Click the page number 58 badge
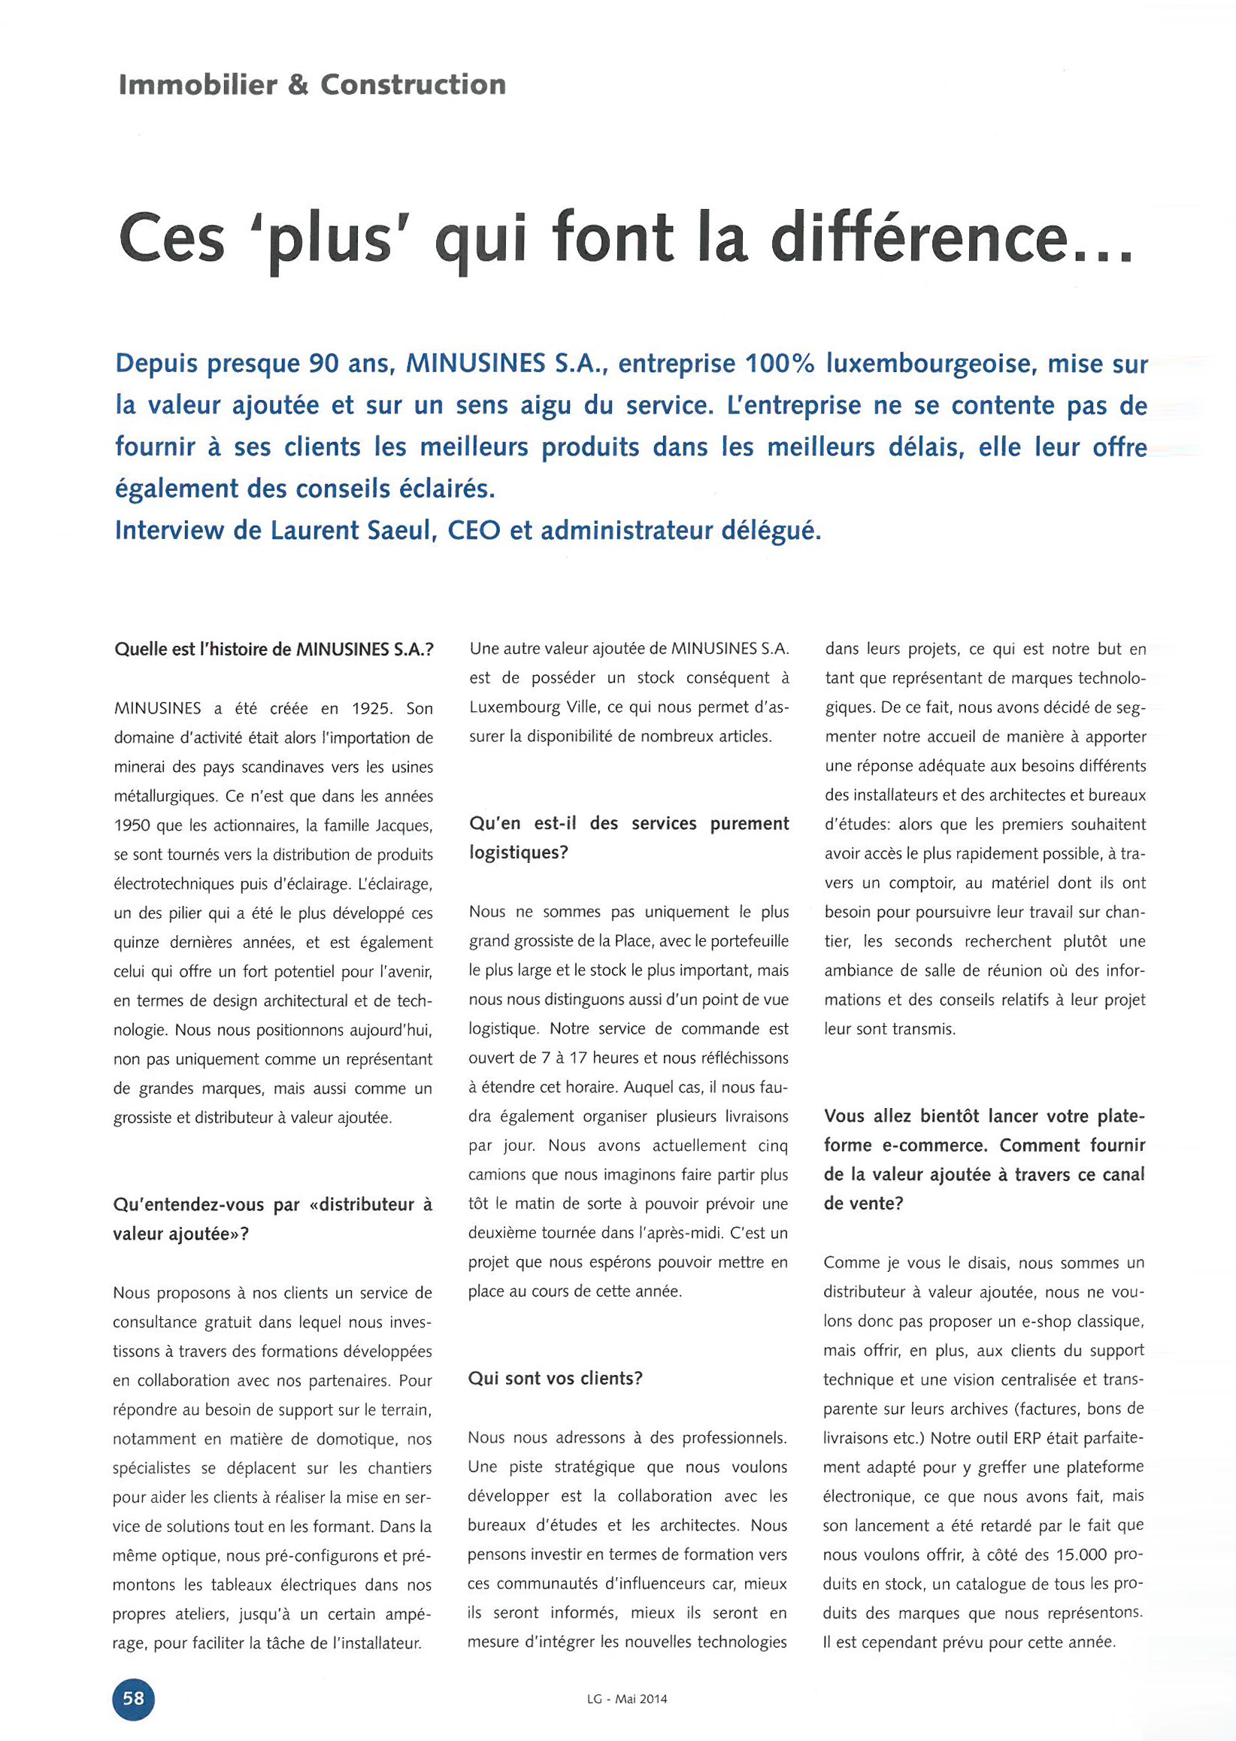133,1698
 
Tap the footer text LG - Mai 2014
626,1698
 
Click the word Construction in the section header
413,84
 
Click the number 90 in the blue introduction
324,364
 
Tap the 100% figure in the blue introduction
780,364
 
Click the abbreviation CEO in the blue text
474,531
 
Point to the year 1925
371,708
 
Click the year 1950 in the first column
132,825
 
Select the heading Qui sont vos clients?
555,1378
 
